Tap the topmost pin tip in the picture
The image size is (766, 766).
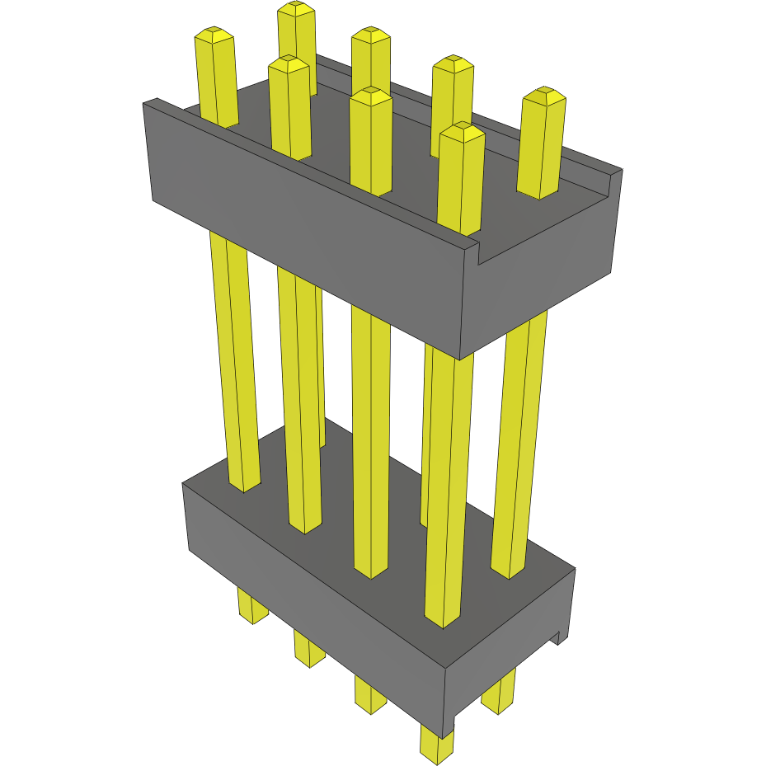pos(296,9)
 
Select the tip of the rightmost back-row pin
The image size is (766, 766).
pos(544,96)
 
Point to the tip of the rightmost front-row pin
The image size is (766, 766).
pos(461,131)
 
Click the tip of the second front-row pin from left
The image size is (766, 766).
pos(289,64)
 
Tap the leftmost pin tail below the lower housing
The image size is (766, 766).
pos(252,605)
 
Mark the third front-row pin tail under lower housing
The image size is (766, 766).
pos(370,695)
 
